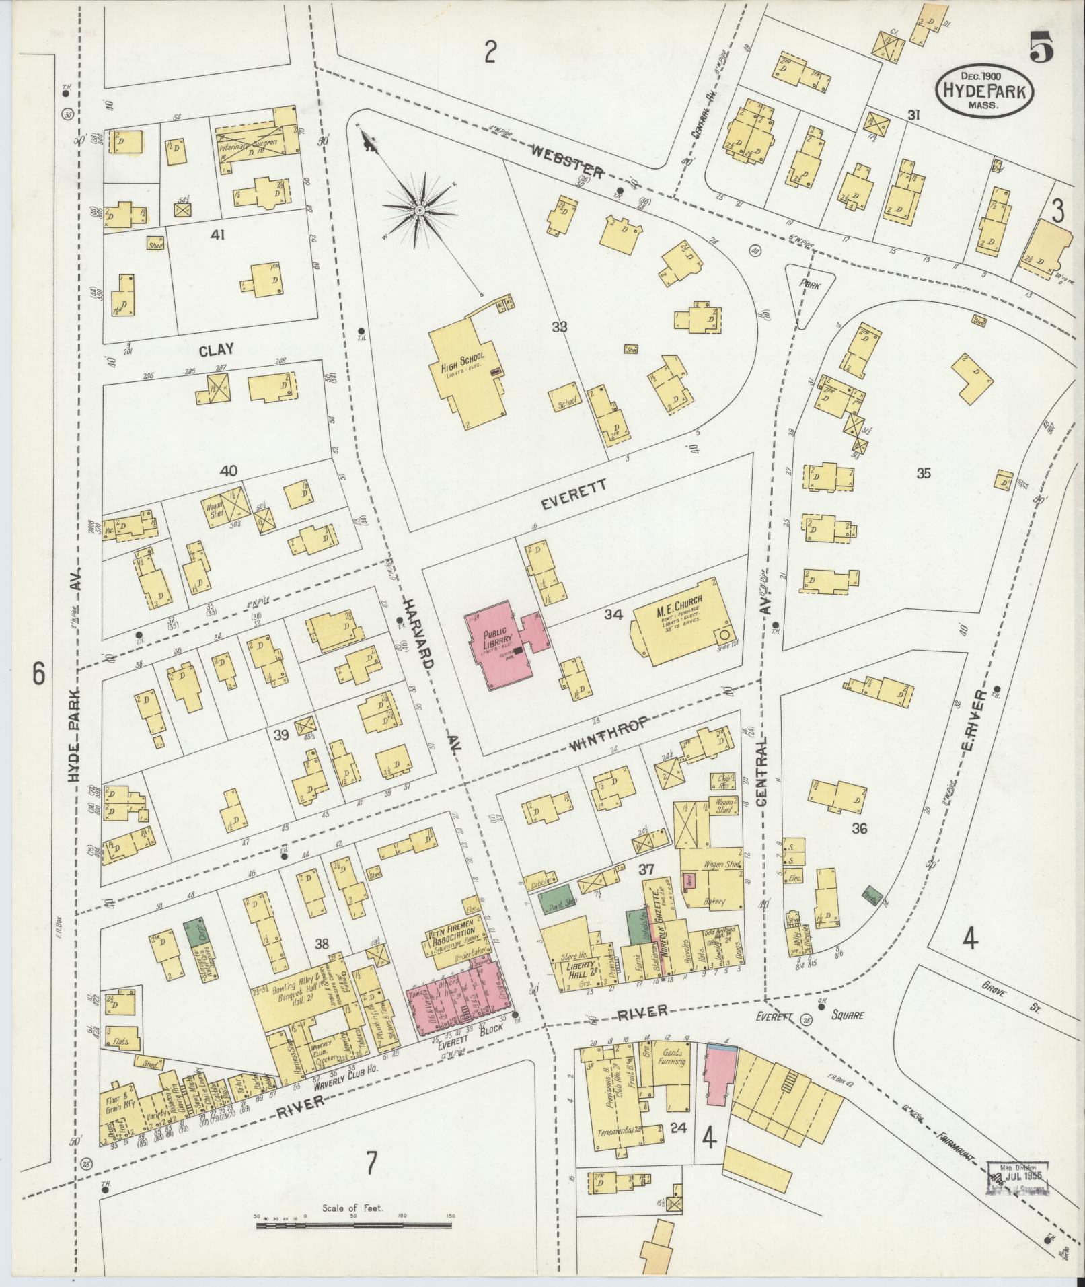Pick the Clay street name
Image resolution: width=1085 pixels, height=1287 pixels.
pyautogui.click(x=217, y=350)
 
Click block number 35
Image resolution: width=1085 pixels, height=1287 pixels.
pyautogui.click(x=923, y=473)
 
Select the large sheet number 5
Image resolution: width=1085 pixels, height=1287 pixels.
pyautogui.click(x=1040, y=48)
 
